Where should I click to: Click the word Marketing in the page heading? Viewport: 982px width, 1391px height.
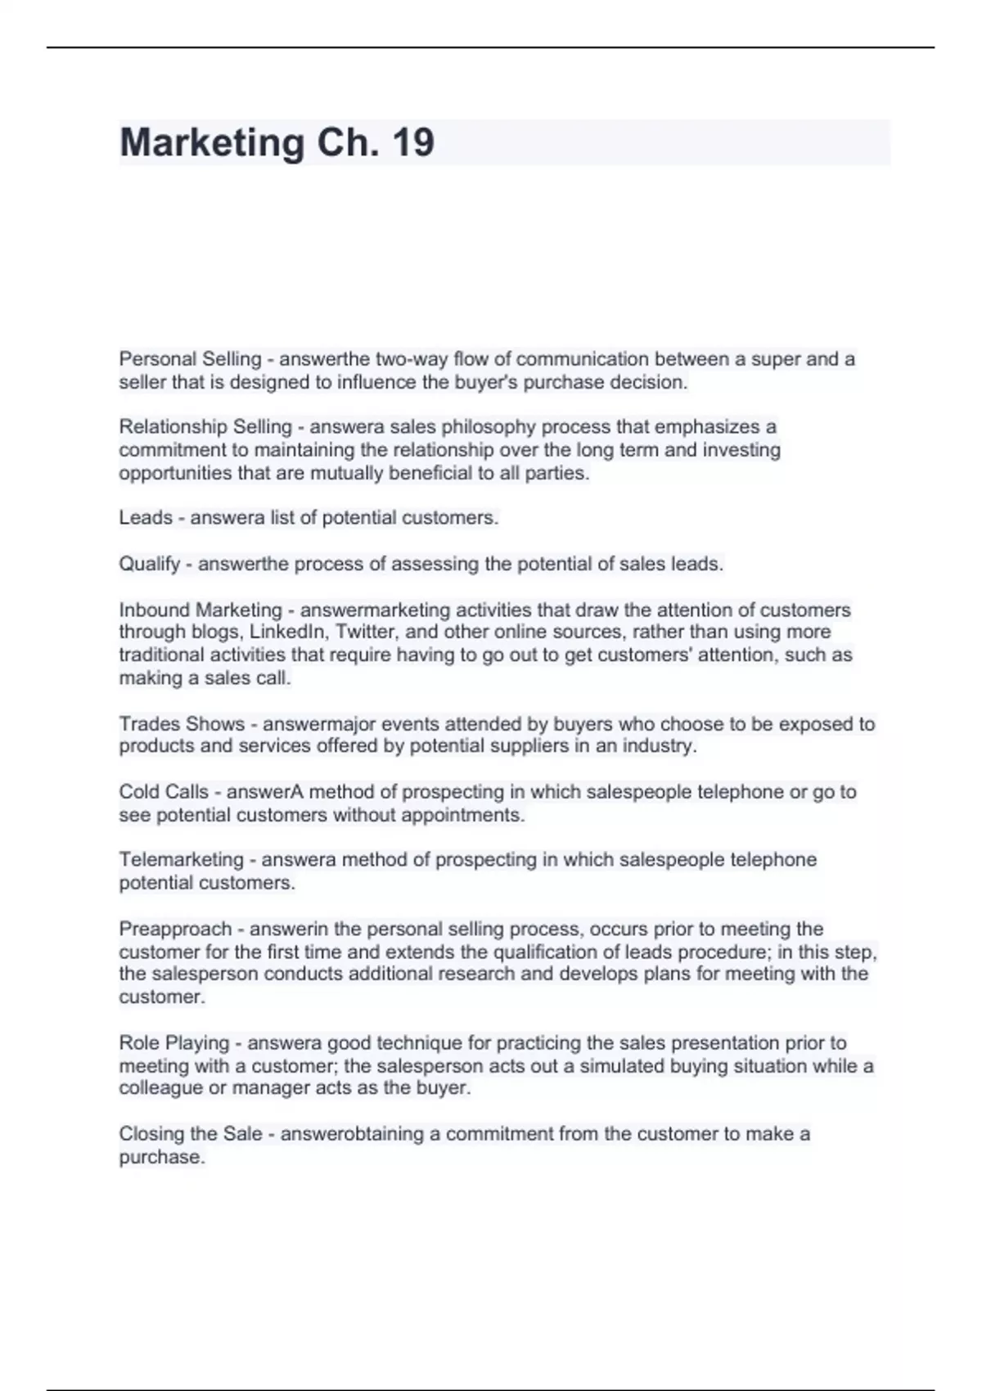(212, 143)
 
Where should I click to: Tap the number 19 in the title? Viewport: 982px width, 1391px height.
(413, 143)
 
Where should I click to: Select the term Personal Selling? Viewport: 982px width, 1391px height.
(190, 359)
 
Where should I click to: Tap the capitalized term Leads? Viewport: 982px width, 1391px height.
(146, 518)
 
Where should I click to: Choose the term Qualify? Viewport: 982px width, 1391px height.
(149, 564)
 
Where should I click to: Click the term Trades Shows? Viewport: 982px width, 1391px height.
(182, 724)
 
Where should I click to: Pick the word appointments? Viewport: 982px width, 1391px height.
(470, 815)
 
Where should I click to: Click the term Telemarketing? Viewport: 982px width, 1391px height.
(181, 860)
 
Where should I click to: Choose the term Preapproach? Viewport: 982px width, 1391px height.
(175, 930)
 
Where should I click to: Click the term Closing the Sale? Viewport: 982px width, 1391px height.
(191, 1134)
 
